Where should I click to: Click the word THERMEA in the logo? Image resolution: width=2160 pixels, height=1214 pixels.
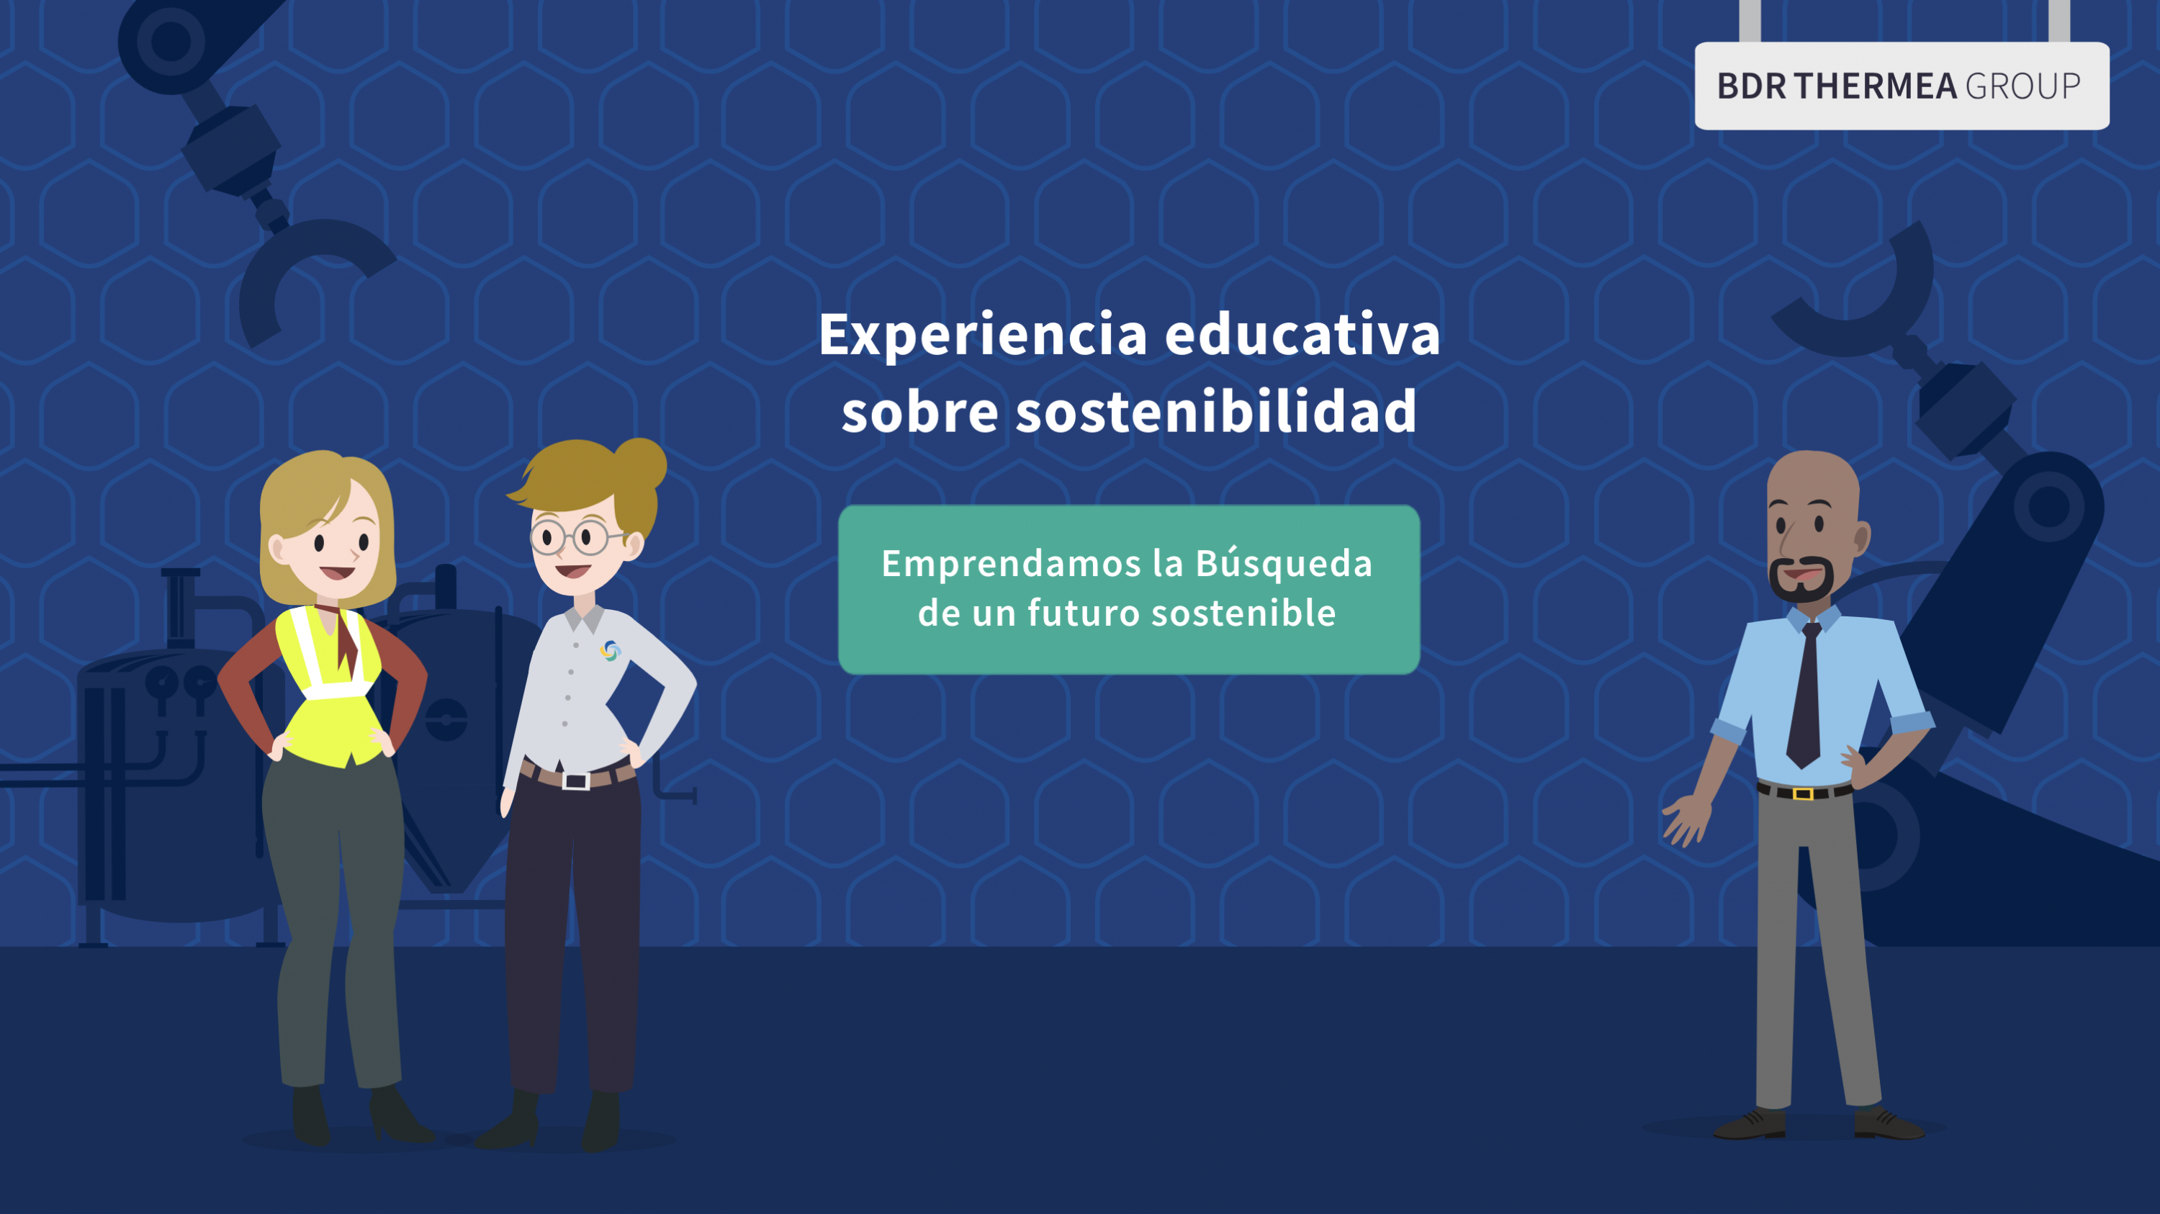(x=1875, y=86)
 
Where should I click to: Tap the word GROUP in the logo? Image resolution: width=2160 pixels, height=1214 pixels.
(x=2022, y=86)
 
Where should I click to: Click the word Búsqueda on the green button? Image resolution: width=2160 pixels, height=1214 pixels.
(x=1284, y=562)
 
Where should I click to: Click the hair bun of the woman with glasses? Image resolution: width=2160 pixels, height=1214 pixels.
(x=641, y=464)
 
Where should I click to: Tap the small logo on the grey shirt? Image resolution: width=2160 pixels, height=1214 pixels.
(x=611, y=651)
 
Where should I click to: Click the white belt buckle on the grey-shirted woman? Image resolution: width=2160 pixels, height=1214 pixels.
(x=576, y=781)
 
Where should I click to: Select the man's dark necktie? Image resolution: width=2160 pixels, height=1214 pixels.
(x=1804, y=695)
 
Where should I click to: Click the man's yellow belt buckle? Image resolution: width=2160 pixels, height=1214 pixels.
(x=1804, y=793)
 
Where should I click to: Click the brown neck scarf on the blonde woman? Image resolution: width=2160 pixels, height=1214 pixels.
(x=341, y=637)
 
